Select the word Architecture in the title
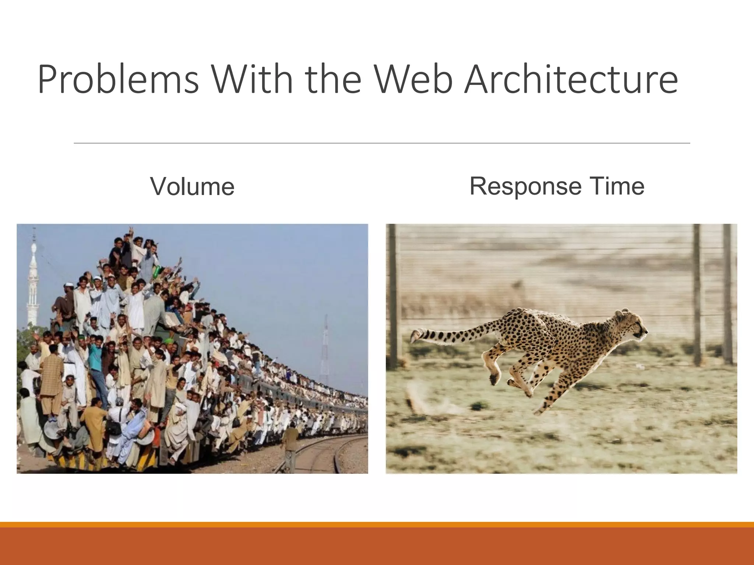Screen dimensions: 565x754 [x=571, y=79]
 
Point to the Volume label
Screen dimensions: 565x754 [x=192, y=186]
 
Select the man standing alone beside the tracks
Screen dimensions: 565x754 [x=291, y=445]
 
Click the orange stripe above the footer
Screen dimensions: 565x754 [x=377, y=525]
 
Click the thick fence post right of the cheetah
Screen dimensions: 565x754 [x=698, y=294]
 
